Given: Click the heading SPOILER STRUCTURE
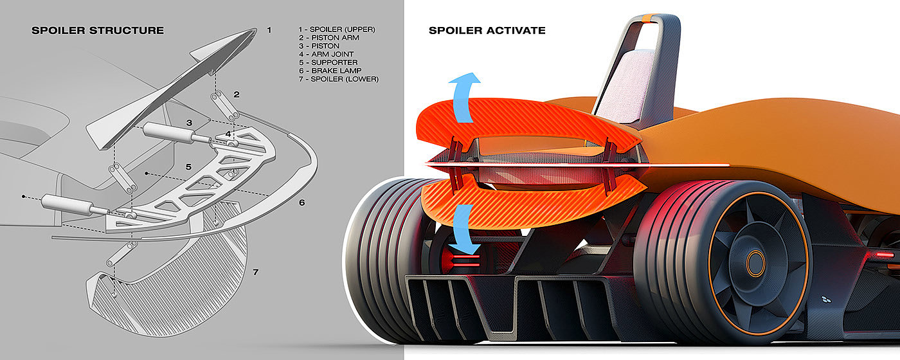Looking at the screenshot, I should point(98,30).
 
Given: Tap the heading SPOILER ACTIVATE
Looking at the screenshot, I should point(487,30).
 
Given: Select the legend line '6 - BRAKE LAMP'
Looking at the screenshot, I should point(330,71).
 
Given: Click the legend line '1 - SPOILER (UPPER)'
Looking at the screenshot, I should point(337,30).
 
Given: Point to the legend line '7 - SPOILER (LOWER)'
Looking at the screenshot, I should point(338,79).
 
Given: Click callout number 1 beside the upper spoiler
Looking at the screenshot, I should point(269,30).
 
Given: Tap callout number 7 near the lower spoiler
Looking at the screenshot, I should point(255,273).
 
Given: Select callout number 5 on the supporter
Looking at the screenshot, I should point(188,167).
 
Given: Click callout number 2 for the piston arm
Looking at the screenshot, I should point(237,94).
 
